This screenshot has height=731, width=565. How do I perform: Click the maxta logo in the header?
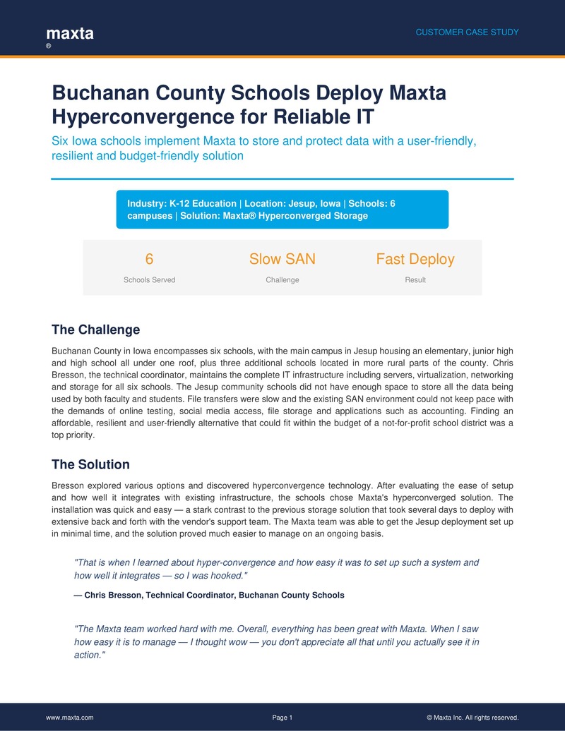(x=69, y=33)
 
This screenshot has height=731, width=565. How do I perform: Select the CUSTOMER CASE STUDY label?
(x=467, y=32)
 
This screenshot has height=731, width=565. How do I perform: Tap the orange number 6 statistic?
(x=149, y=259)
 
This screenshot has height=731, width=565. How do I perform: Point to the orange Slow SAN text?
(x=282, y=259)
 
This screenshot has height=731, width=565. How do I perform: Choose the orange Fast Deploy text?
(x=415, y=259)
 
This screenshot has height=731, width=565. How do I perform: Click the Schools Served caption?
(x=149, y=280)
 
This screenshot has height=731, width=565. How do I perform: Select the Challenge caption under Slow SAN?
(x=282, y=280)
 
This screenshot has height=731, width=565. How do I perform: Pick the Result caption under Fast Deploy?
(x=415, y=280)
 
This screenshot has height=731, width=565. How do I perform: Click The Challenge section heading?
(x=96, y=330)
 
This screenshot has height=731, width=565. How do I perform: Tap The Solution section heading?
(x=91, y=465)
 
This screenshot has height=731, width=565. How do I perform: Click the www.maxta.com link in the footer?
(x=69, y=718)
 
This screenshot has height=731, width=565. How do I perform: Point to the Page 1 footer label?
(x=282, y=718)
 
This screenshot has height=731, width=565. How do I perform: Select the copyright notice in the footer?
(x=472, y=718)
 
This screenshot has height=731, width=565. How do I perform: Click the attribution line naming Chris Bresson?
(x=209, y=595)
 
